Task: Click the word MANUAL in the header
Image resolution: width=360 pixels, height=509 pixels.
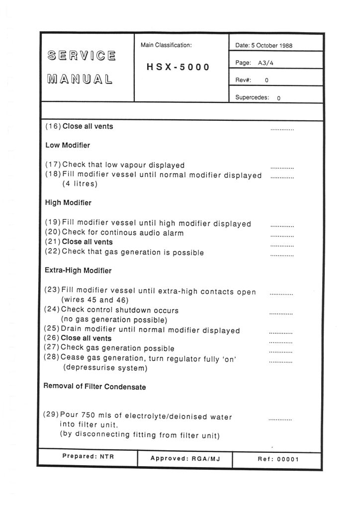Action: point(80,79)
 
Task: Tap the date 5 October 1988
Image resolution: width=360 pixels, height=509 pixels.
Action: point(271,46)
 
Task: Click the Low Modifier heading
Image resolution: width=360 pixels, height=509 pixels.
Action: point(68,146)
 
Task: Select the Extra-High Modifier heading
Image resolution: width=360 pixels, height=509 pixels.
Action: point(78,271)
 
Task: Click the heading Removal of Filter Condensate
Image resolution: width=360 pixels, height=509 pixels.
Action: point(95,387)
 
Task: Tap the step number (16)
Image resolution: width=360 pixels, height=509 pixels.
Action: point(53,126)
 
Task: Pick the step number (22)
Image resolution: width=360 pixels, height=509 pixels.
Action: point(53,253)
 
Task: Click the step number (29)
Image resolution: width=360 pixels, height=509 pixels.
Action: point(52,417)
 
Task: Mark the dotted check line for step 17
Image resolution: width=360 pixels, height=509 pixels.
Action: point(282,168)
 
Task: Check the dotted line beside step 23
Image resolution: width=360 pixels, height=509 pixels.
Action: point(281,294)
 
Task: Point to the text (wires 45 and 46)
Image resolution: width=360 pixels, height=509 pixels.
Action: point(94,300)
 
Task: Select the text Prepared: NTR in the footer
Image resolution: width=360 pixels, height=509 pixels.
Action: point(88,456)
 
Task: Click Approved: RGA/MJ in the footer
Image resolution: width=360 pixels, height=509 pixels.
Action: point(184,459)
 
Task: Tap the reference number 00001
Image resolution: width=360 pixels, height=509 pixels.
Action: point(288,459)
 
